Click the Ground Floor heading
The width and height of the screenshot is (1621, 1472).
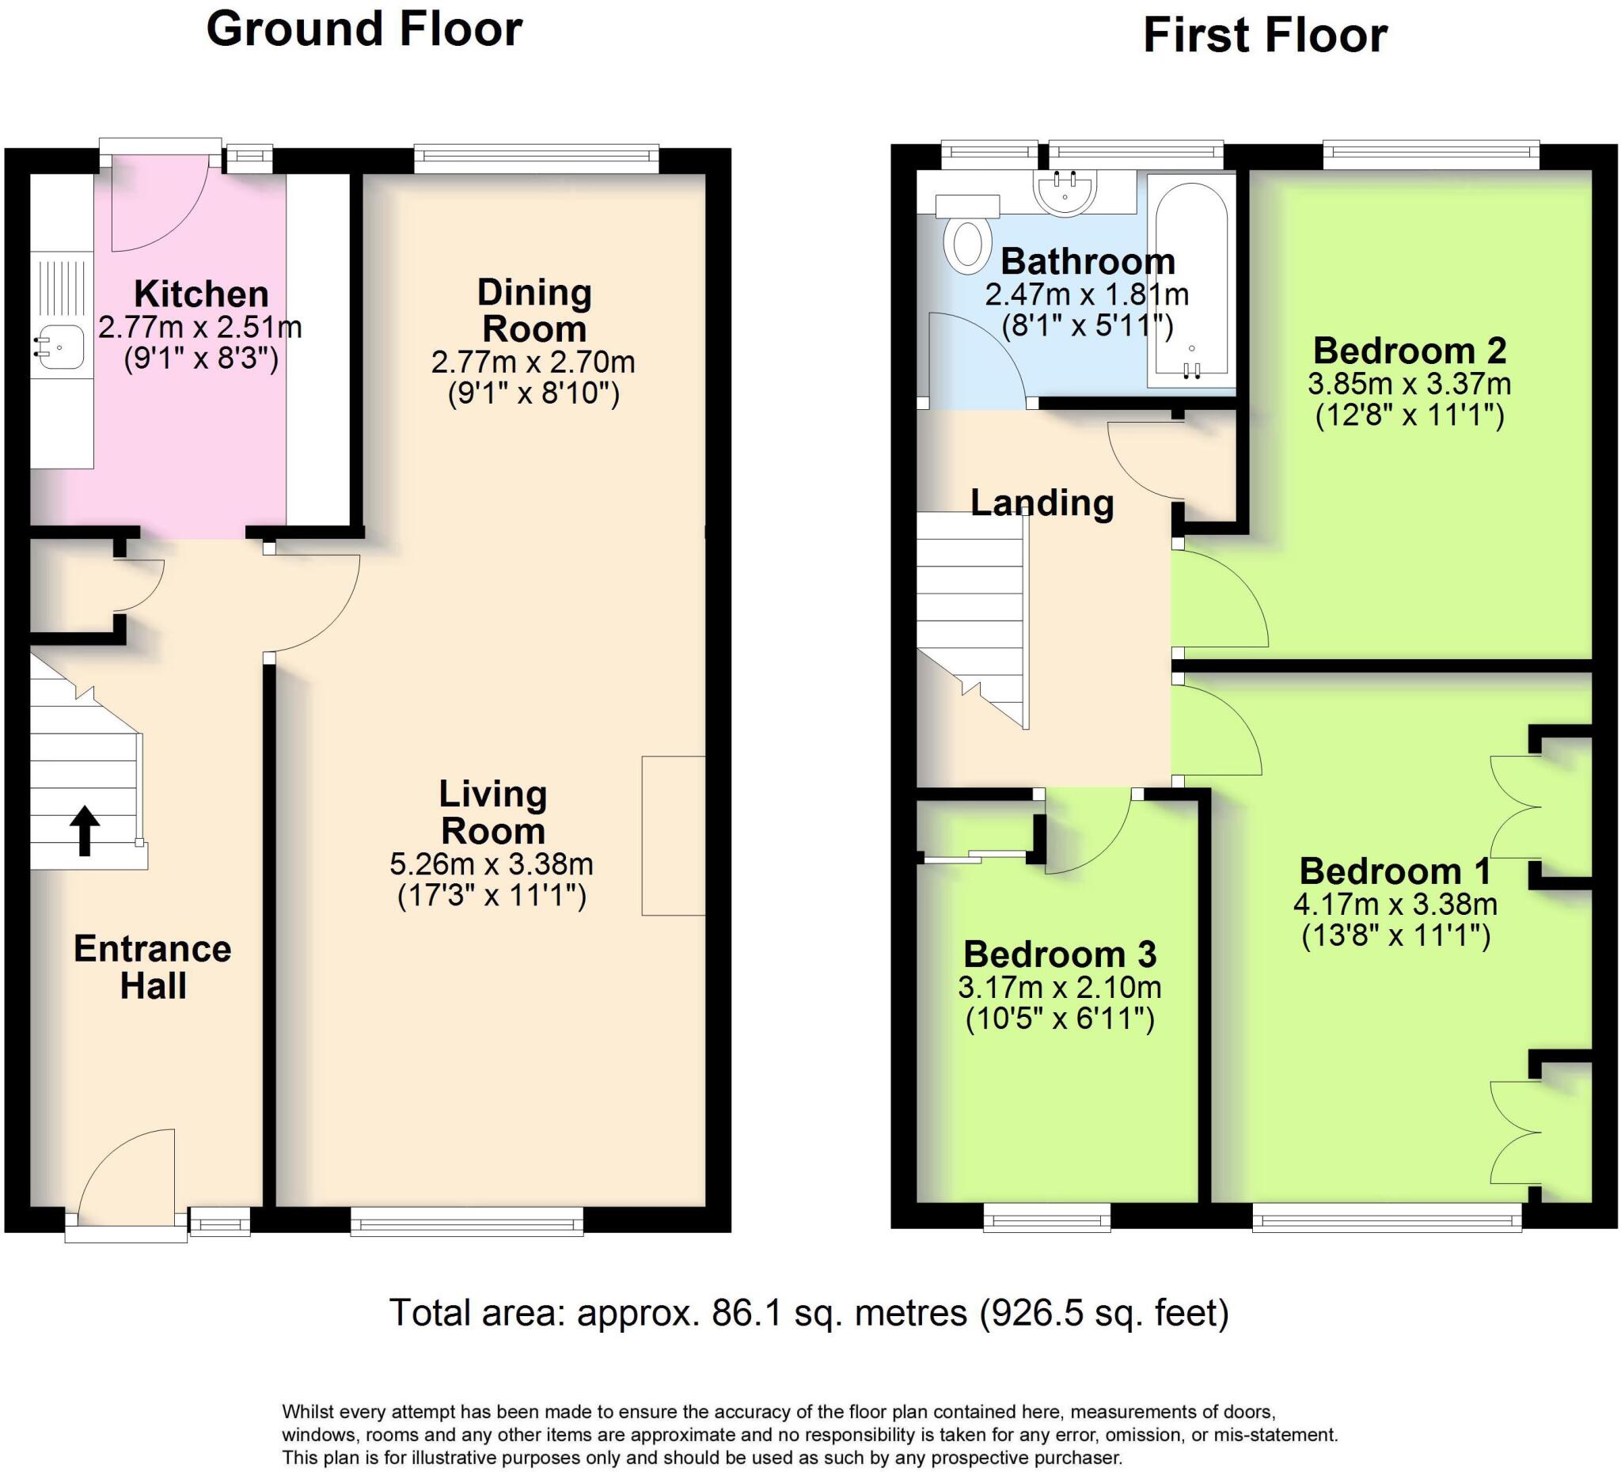point(364,30)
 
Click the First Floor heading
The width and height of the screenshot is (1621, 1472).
point(1265,36)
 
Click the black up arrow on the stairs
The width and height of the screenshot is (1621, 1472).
point(85,830)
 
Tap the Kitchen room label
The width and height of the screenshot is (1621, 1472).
point(201,294)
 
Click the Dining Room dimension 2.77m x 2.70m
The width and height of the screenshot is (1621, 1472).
point(533,362)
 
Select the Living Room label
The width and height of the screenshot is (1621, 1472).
point(493,813)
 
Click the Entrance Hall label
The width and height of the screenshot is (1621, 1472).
point(153,968)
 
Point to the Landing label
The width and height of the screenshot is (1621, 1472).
point(1042,503)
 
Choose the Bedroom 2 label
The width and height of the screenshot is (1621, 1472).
point(1410,351)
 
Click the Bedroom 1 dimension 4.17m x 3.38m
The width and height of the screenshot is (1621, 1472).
point(1395,905)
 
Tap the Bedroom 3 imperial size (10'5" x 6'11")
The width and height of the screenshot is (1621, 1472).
point(1060,1019)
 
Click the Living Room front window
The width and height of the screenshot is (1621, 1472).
point(467,1223)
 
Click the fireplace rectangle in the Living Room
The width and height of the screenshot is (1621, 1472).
point(674,835)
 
